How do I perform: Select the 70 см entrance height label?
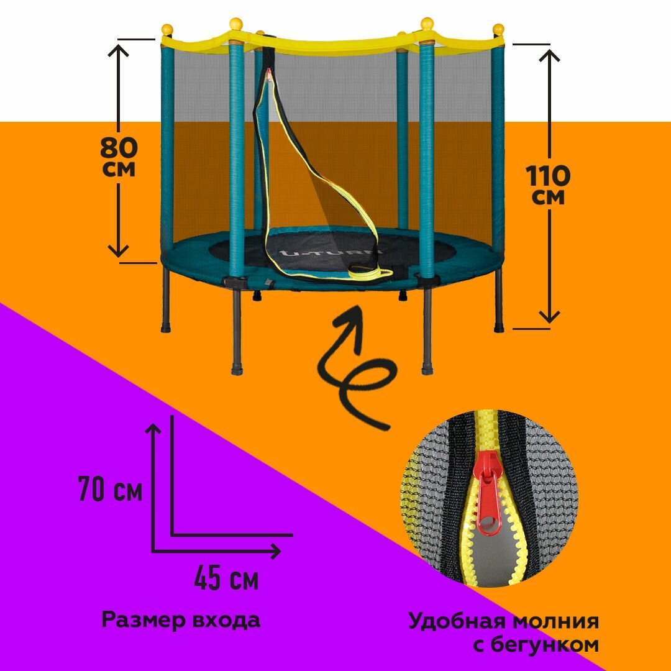111,490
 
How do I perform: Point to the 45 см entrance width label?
226,580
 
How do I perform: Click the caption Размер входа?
181,619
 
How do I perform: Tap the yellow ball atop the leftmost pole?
167,29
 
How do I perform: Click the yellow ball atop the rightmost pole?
498,29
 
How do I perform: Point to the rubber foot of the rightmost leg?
499,327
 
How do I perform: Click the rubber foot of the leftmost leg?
166,327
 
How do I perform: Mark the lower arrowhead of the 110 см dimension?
549,317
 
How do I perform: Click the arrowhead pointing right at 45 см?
275,550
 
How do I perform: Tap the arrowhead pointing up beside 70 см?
153,428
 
